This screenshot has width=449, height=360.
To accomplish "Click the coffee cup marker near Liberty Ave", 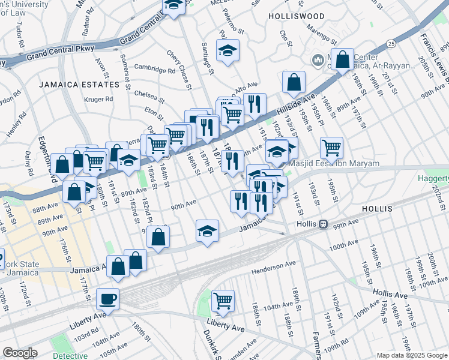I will click(x=107, y=298).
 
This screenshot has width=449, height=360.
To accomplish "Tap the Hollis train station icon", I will click(x=323, y=224).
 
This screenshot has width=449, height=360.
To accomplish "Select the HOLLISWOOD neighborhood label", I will click(x=297, y=16).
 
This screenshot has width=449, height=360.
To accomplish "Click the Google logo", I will click(x=20, y=353).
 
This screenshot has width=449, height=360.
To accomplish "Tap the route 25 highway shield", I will click(x=391, y=44).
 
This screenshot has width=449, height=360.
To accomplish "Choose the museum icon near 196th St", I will click(x=318, y=60).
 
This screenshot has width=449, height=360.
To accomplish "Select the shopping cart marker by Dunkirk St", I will click(x=223, y=300).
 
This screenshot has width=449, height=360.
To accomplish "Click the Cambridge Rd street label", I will click(x=155, y=68).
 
